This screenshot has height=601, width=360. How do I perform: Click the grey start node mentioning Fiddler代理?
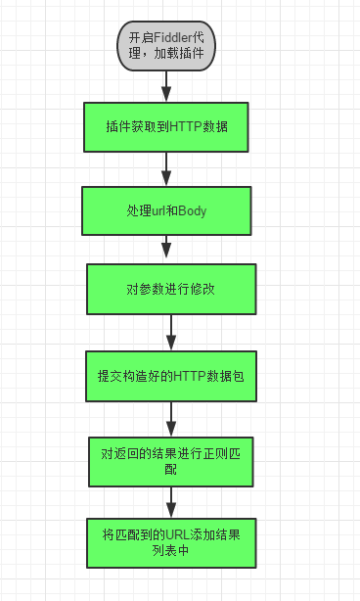[166, 45]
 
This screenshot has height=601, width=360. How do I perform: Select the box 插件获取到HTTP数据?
[167, 126]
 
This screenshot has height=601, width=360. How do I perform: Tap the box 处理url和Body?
[167, 210]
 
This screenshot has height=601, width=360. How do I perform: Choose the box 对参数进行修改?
[170, 291]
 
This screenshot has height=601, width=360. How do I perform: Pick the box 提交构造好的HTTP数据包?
[171, 376]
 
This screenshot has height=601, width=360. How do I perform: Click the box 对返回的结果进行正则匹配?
[172, 460]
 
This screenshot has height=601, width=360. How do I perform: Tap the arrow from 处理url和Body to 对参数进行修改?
[168, 250]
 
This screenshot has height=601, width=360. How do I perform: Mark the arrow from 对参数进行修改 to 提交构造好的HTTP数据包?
[171, 334]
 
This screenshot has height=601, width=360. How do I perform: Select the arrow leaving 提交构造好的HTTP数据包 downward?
[171, 418]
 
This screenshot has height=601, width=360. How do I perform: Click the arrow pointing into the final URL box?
[171, 502]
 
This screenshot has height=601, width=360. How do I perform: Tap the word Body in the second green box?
[192, 210]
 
